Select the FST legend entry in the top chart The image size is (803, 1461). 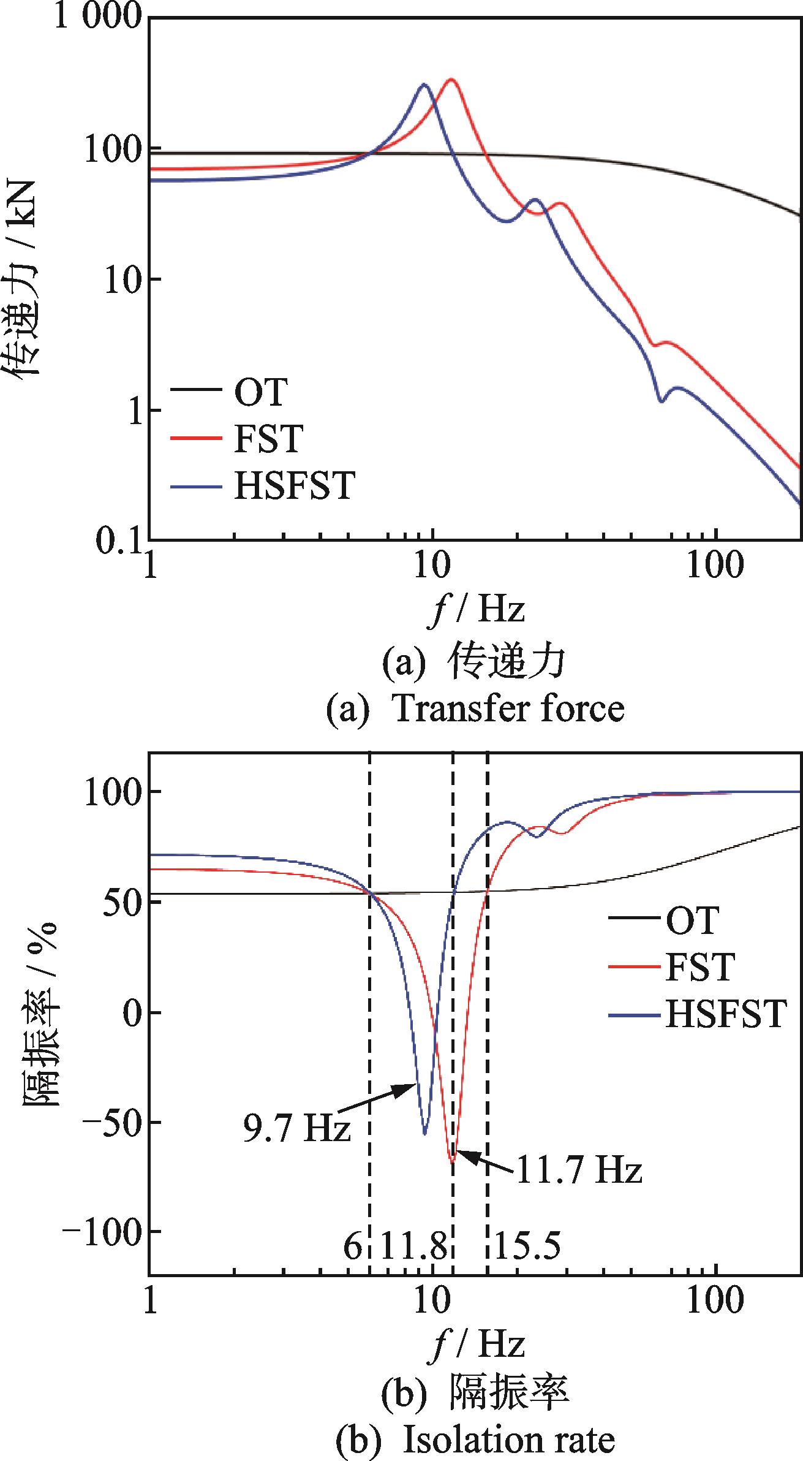click(x=268, y=439)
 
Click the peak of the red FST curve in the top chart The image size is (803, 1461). click(x=451, y=79)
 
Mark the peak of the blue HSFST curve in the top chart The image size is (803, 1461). click(x=423, y=84)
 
